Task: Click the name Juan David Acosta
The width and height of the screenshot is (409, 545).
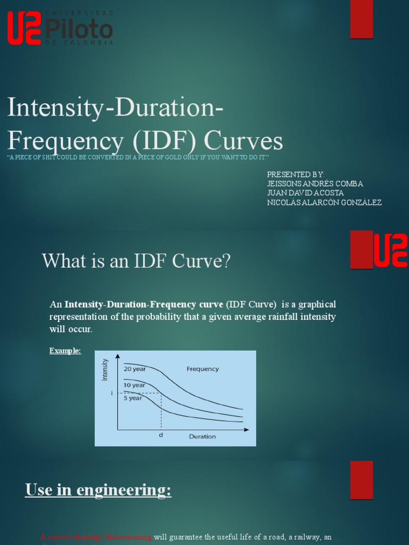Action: click(305, 193)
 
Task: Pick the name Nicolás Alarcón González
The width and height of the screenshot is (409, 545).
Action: click(324, 202)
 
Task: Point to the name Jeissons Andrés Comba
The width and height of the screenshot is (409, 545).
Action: click(315, 184)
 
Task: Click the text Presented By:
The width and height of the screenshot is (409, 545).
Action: click(295, 175)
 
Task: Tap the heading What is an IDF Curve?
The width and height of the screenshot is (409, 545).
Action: click(136, 261)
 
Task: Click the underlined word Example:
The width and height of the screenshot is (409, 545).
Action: click(65, 351)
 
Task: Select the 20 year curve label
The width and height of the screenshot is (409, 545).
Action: click(134, 368)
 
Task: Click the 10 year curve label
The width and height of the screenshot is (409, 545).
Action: click(134, 385)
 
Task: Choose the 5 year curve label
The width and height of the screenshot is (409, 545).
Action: click(133, 398)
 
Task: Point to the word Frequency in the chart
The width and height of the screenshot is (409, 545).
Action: click(202, 369)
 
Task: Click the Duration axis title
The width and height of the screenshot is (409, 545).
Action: click(202, 436)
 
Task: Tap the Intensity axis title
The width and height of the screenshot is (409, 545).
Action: click(105, 369)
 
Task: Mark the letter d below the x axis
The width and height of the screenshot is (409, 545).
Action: click(160, 435)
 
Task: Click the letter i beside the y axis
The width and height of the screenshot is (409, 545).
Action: click(112, 393)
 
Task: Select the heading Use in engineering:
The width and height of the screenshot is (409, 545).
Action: click(98, 490)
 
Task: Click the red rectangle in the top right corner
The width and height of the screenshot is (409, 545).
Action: click(361, 19)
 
